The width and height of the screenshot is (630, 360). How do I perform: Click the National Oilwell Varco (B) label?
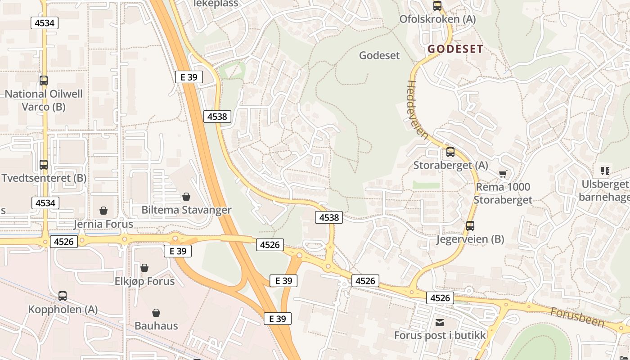coord(44,100)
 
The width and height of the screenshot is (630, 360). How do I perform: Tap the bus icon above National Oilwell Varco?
coord(44,81)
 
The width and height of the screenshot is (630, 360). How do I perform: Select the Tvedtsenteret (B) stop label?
coord(44,178)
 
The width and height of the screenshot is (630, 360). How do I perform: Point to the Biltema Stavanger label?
coord(186,210)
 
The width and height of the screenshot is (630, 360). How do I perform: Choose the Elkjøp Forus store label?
coord(144,281)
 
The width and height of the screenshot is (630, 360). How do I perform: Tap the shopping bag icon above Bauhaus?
coord(156,312)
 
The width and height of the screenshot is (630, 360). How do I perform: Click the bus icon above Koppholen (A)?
coord(63,296)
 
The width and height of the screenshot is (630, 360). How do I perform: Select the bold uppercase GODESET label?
coord(455,49)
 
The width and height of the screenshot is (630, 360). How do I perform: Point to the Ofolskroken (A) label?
coord(437,19)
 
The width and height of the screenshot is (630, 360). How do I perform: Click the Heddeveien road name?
coord(417,110)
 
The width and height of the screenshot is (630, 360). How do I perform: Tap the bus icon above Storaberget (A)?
coord(450,152)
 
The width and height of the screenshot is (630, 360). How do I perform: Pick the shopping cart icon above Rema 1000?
coord(503,174)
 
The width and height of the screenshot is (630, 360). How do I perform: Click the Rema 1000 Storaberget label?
coord(503,193)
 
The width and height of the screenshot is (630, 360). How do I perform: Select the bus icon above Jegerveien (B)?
coord(470,226)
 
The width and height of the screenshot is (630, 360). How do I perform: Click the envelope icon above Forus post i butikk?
coord(440,322)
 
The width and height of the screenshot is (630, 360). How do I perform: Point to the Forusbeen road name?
coord(577,317)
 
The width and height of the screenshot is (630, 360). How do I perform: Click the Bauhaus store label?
coord(156,326)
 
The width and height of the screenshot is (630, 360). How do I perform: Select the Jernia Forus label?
coord(103,224)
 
